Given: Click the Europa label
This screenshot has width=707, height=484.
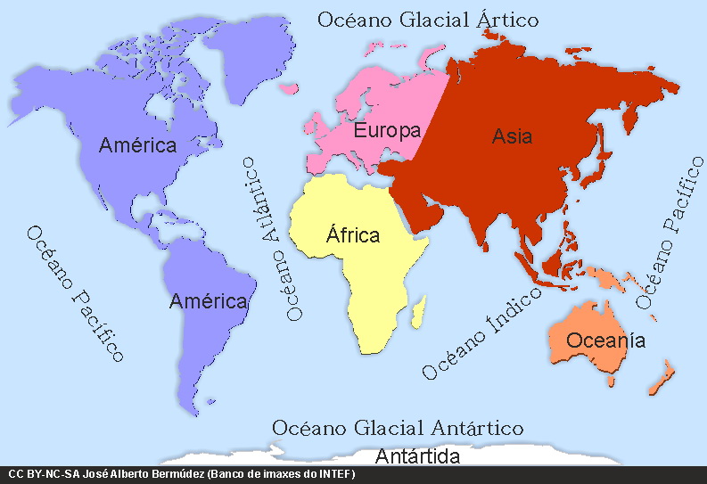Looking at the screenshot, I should pos(387,131).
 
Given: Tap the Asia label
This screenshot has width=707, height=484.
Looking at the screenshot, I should pos(512,136).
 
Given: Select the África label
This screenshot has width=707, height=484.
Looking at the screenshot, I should pos(353,235).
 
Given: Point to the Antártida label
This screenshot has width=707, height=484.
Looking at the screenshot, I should pos(417,457).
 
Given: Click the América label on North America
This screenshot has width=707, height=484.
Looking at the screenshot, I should pos(138,144).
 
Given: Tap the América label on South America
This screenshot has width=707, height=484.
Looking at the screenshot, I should pos(208,301).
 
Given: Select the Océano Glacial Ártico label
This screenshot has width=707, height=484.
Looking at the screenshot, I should pos(429,19).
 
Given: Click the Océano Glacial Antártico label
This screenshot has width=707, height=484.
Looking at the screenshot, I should pos(398,429).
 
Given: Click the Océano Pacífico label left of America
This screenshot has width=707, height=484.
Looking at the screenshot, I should pos(74,292).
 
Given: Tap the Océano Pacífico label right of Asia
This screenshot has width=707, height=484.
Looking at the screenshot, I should pos(669,234).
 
